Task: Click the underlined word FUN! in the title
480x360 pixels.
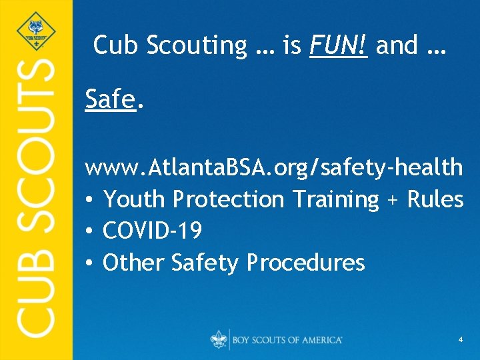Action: click(339, 45)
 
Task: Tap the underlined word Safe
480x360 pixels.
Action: click(111, 100)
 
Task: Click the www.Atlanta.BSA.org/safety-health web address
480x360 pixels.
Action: click(273, 167)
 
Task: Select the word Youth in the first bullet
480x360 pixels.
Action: click(135, 199)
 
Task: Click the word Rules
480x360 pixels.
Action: click(435, 199)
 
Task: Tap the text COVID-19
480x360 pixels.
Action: click(153, 231)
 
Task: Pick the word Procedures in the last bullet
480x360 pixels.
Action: click(306, 263)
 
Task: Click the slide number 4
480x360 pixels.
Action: click(461, 340)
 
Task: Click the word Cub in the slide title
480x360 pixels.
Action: click(115, 45)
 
